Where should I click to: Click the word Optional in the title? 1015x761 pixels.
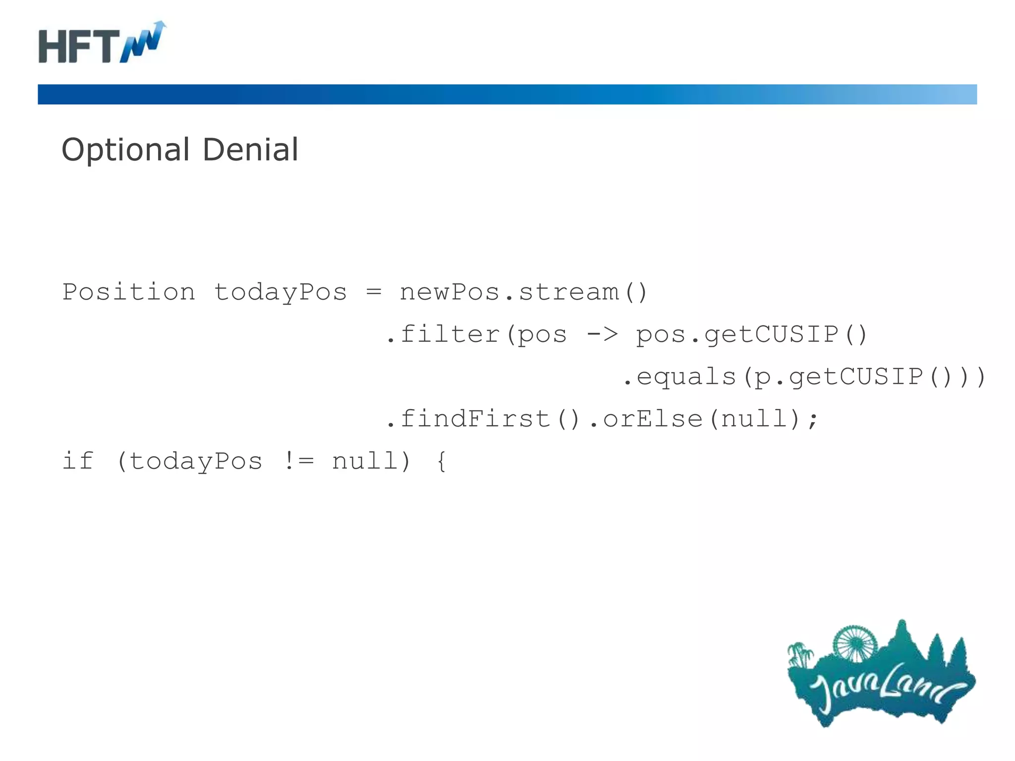coord(125,150)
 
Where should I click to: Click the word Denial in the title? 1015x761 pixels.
coord(250,150)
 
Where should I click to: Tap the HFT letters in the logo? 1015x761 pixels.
coord(79,46)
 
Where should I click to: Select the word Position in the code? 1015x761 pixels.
coord(129,292)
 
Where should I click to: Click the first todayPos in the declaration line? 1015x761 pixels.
coord(280,292)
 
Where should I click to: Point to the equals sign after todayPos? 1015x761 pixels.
coord(374,292)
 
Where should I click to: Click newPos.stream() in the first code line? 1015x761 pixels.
coord(523,292)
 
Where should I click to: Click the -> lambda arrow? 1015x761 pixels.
coord(602,334)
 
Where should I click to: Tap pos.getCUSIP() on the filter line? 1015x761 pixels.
coord(751,334)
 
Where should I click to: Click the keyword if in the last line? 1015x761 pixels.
coord(78,461)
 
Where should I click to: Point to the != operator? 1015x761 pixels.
coord(299,461)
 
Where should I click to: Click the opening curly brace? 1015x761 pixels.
coord(442,461)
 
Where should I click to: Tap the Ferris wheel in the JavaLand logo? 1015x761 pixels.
coord(855,643)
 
